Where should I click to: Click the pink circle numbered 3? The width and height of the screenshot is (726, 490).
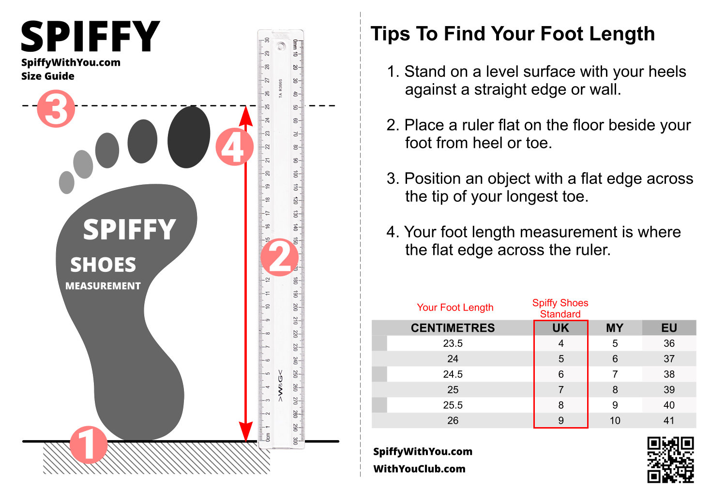click(56, 108)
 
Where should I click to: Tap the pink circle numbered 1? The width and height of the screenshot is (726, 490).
click(88, 444)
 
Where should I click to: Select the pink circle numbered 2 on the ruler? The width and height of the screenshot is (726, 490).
click(279, 257)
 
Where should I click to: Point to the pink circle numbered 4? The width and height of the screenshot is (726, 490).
click(234, 147)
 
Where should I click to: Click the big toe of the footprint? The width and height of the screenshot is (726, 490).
click(189, 137)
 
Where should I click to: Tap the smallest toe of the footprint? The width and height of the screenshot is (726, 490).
click(66, 182)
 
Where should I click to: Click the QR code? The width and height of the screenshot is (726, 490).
click(670, 460)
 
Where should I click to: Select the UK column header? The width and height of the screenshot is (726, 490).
click(560, 328)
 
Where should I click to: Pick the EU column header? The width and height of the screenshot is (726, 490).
click(669, 328)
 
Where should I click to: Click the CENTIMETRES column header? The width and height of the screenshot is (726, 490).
click(453, 328)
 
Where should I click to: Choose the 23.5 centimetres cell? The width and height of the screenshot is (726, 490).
click(453, 343)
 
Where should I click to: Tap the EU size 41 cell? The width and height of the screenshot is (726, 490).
click(669, 421)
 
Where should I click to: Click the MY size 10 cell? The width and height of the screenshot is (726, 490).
click(615, 421)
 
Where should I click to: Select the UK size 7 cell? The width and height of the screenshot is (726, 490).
click(560, 390)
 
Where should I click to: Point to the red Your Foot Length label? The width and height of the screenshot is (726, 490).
click(455, 308)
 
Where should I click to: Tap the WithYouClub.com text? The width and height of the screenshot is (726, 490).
click(419, 469)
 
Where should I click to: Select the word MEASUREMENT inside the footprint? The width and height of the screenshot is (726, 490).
click(103, 286)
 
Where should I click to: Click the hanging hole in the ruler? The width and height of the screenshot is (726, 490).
click(281, 47)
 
